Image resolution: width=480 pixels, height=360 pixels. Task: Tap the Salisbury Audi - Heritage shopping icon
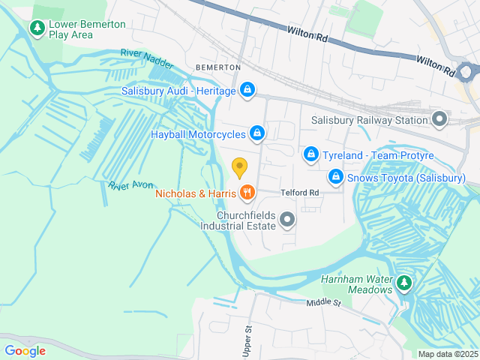(x=247, y=91)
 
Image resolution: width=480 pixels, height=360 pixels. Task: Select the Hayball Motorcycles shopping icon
(x=257, y=133)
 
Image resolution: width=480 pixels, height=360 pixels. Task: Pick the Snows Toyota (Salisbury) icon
(x=336, y=177)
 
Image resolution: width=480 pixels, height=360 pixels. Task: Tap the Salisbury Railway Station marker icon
(x=439, y=119)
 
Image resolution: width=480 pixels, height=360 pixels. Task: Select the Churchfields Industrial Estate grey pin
(x=287, y=220)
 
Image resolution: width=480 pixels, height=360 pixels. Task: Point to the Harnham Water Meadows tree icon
(x=404, y=283)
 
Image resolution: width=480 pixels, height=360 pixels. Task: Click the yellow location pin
(x=239, y=167)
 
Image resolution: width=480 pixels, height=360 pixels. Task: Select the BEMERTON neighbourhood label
(x=217, y=67)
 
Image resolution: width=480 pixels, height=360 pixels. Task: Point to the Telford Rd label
(x=300, y=193)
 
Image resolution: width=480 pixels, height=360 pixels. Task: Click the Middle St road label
(x=323, y=302)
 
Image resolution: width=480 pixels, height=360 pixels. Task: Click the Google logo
(x=25, y=350)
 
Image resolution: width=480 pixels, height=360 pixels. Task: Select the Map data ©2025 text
(x=447, y=354)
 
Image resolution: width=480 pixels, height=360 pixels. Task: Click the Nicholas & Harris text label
(x=195, y=193)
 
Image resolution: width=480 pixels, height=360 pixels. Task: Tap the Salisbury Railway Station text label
(x=368, y=120)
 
